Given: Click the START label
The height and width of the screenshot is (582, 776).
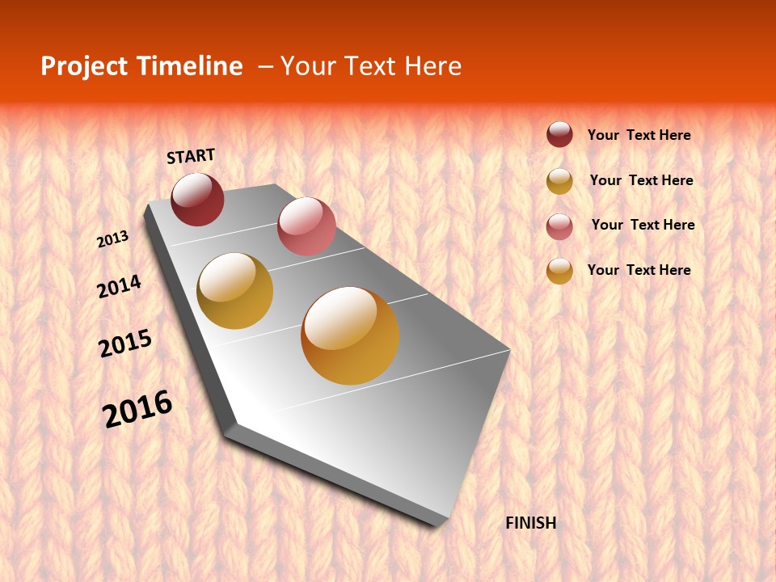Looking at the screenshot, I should tap(191, 156).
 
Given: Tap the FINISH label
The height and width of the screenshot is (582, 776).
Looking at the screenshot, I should tap(530, 523).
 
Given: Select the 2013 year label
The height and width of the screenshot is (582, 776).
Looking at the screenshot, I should tap(112, 239).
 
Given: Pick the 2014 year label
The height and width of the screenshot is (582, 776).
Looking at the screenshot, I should tap(119, 287).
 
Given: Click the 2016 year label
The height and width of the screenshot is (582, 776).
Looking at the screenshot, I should tap(137, 409).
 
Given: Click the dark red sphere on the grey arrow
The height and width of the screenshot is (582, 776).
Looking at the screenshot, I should tap(197, 199).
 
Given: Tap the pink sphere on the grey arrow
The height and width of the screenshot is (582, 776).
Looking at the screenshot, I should tap(306, 226).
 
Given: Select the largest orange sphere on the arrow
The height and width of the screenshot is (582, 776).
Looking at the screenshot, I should tap(350, 335).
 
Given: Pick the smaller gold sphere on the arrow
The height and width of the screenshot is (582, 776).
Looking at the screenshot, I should tap(234, 290).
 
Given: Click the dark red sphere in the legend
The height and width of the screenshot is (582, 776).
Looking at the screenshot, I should tap(559, 135).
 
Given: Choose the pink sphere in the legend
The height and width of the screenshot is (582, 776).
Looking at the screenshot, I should tap(559, 226).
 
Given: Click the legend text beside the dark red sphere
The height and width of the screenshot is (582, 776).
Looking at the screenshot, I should tap(639, 135).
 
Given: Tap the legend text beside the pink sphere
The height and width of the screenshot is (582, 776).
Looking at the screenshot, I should tap(643, 225).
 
